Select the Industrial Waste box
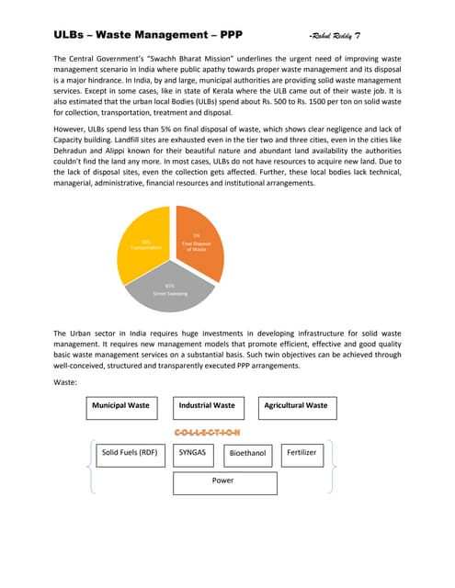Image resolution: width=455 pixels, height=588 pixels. [x=206, y=405]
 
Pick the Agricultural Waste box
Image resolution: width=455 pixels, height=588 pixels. [x=295, y=405]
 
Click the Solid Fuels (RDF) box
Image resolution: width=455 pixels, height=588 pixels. [x=130, y=453]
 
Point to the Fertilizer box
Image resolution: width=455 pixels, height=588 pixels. [x=301, y=453]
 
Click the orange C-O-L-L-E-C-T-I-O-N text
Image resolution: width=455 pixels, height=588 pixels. [x=206, y=430]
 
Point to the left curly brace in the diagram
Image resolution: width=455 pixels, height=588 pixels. [x=89, y=465]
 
